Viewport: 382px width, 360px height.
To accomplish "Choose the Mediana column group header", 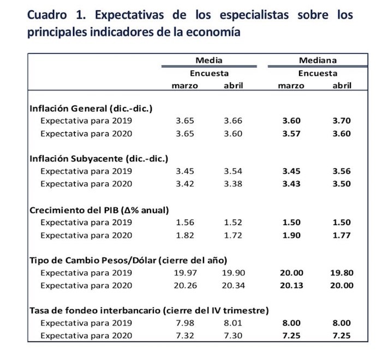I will pos(317,61).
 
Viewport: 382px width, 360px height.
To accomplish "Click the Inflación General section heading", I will pos(90,108).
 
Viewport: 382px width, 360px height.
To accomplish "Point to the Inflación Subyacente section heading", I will pos(98,158).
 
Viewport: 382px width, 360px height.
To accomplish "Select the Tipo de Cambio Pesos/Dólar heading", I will pos(128,259).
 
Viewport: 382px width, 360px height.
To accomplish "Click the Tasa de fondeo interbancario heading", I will pos(148,310).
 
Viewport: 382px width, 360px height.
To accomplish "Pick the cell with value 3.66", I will pos(233,121).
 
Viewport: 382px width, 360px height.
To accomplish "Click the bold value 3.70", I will pos(342,121).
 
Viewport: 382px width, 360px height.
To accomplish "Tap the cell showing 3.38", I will pos(233,184).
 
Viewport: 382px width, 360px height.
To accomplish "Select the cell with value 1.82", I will pos(186,234).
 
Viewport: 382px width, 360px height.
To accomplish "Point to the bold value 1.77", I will pos(342,234).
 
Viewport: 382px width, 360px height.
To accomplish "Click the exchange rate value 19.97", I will pos(184,273).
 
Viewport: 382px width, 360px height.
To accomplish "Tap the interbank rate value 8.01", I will pos(233,323).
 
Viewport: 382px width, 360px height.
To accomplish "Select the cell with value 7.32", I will pos(186,335).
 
